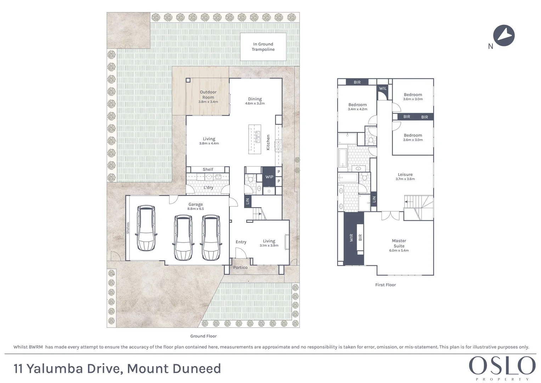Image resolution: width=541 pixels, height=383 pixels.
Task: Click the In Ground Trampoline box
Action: (x=263, y=47)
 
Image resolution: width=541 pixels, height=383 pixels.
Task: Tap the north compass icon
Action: (x=504, y=36)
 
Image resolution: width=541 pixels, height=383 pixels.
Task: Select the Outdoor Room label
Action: (x=208, y=95)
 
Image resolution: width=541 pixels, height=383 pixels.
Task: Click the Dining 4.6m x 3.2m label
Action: (x=255, y=101)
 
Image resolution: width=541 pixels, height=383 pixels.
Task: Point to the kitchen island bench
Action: (x=254, y=139)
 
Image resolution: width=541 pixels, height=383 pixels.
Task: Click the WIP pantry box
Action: (x=269, y=177)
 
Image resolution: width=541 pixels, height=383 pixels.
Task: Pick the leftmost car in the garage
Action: (x=146, y=228)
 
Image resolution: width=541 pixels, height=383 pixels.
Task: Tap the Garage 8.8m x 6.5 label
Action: (x=196, y=206)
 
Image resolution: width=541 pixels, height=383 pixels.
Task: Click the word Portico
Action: (x=240, y=267)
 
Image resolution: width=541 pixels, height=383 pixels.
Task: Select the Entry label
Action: (x=241, y=242)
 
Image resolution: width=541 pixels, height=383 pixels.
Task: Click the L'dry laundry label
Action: (x=208, y=187)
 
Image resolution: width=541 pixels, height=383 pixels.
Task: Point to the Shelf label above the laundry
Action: (x=208, y=169)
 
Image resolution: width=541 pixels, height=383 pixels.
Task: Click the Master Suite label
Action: (x=399, y=243)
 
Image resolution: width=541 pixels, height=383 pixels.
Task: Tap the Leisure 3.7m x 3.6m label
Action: (x=405, y=176)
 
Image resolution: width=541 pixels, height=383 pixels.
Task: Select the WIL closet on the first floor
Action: (x=383, y=89)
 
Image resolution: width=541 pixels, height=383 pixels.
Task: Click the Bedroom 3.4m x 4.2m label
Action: (x=357, y=107)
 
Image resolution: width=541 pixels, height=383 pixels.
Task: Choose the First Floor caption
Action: (x=385, y=285)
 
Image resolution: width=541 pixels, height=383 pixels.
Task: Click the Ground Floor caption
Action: (x=203, y=336)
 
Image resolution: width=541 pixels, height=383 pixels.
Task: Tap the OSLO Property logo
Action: (x=502, y=367)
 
